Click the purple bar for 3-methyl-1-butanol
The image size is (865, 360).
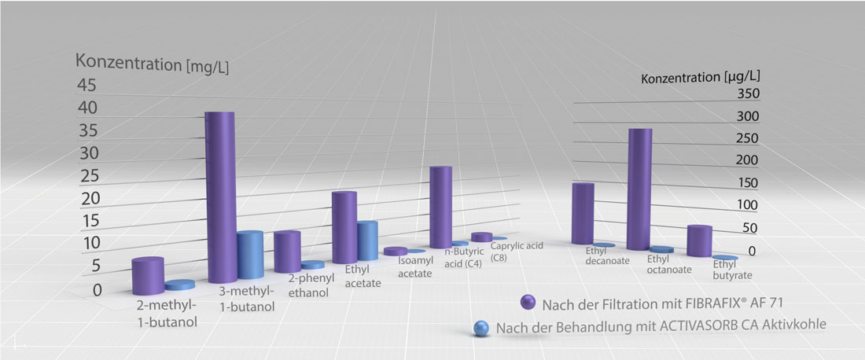coord(220,197)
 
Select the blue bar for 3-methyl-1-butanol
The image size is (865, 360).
coord(251,255)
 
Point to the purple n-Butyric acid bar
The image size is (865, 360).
coord(440,206)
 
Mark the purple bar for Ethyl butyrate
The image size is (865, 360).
coord(699,241)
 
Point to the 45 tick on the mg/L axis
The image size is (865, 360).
coord(90,85)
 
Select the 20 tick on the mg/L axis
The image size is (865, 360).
coord(92,198)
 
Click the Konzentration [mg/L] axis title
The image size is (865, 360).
coord(153,63)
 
